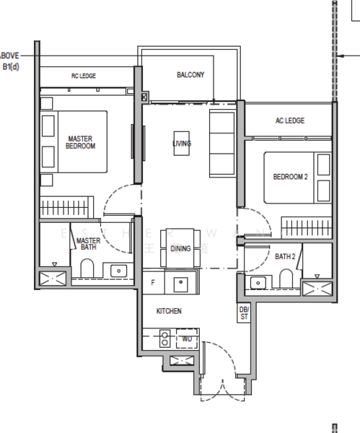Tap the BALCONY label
point(190,75)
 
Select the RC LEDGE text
point(83,76)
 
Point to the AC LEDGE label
point(289,121)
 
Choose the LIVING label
point(182,144)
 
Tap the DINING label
point(180,248)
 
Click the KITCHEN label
point(169,311)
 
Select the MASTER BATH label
point(88,244)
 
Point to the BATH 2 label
point(285,255)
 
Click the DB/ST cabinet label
point(244,312)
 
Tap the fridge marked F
point(153,283)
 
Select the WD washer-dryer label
point(187,338)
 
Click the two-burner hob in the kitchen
point(164,338)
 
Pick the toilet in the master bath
point(88,269)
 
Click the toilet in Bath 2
point(286,278)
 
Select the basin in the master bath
point(119,271)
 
